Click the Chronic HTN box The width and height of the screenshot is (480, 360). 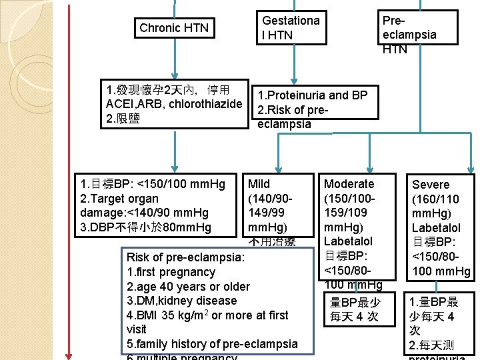tap(174, 28)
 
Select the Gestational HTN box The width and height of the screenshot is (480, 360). tap(291, 28)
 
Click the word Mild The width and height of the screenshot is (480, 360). tap(259, 184)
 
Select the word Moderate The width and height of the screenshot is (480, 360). tap(349, 184)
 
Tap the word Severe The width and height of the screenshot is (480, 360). tap(431, 185)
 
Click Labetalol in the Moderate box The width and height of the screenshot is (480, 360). tap(348, 241)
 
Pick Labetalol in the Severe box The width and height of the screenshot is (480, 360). tap(436, 228)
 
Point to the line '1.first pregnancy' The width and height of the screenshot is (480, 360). tap(171, 272)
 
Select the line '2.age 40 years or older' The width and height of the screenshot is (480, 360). tap(188, 287)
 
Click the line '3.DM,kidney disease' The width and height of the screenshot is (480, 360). tap(181, 301)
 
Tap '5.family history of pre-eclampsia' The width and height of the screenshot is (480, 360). tap(212, 344)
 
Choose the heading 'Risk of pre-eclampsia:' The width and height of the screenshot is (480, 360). tap(185, 257)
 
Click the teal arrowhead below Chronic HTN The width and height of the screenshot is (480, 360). tap(174, 75)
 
